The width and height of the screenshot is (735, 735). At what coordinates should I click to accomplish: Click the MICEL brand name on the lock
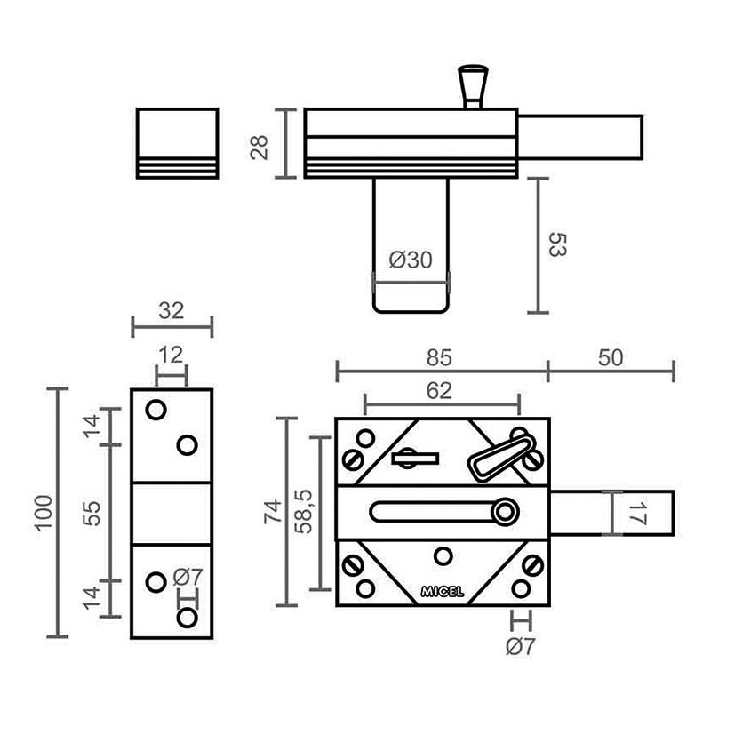(442, 592)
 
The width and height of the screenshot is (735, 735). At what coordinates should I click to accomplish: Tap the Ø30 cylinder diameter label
(411, 260)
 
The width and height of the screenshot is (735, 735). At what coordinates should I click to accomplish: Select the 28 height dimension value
(260, 148)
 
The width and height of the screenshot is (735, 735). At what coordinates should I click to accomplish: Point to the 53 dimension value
(558, 244)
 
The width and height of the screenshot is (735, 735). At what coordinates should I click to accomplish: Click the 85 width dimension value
(439, 357)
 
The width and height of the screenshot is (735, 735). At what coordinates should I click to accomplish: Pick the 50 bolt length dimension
(611, 357)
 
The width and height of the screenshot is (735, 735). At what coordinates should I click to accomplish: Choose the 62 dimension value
(439, 390)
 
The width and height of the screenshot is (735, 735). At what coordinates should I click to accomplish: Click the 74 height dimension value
(273, 511)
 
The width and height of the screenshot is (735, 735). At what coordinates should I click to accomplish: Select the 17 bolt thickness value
(637, 515)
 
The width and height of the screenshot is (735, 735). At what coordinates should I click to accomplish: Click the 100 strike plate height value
(44, 512)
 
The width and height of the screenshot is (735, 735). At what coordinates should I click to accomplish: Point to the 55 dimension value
(92, 514)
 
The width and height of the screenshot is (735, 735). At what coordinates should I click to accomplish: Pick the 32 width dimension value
(172, 311)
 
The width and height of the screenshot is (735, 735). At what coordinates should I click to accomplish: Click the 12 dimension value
(171, 356)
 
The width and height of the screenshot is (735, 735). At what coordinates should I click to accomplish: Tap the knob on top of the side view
(473, 87)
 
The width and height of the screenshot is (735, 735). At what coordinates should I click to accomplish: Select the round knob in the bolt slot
(505, 511)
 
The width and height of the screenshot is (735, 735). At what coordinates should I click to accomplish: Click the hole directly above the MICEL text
(443, 557)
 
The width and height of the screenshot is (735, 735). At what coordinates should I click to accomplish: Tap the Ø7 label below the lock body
(520, 647)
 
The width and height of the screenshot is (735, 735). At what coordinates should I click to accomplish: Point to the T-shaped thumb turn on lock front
(415, 458)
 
